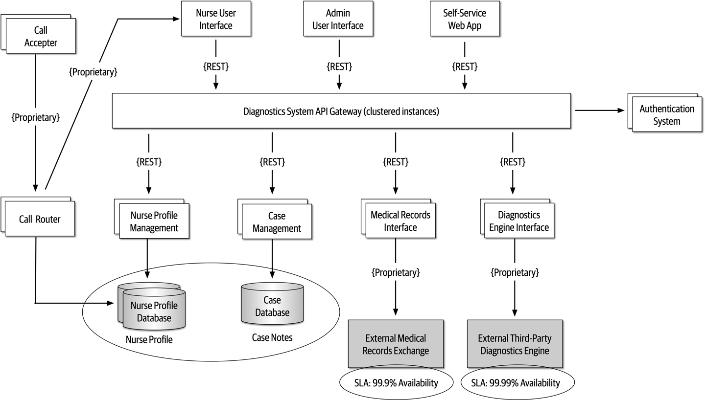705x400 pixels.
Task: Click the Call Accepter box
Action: tap(41, 37)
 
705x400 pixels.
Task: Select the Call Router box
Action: tap(40, 219)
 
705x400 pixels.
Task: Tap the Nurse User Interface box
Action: tap(215, 19)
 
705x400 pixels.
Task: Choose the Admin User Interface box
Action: tap(338, 19)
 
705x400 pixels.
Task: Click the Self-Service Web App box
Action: tap(464, 19)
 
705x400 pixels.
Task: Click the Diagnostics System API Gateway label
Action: tap(341, 111)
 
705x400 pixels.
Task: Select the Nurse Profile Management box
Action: tap(154, 222)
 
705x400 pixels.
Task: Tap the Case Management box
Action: tap(277, 222)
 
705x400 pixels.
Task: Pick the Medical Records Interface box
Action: tap(400, 221)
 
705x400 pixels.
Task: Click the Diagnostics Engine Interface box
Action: tap(519, 221)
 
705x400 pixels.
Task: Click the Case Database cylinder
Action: tap(272, 306)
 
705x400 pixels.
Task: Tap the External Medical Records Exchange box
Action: tap(396, 344)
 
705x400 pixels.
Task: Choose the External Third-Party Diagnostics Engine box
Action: tap(515, 344)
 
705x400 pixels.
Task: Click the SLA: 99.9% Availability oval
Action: tap(397, 383)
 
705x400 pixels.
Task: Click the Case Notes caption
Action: tap(272, 337)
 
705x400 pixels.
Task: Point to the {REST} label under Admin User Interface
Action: tap(339, 67)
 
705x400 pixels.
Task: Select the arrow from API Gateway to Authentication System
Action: tap(600, 111)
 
